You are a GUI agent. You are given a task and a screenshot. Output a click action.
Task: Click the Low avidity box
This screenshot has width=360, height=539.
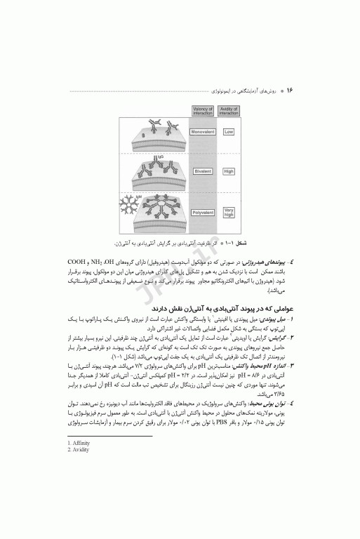coord(229,132)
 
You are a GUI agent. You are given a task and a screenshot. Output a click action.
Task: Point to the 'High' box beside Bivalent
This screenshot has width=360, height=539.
coord(229,171)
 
